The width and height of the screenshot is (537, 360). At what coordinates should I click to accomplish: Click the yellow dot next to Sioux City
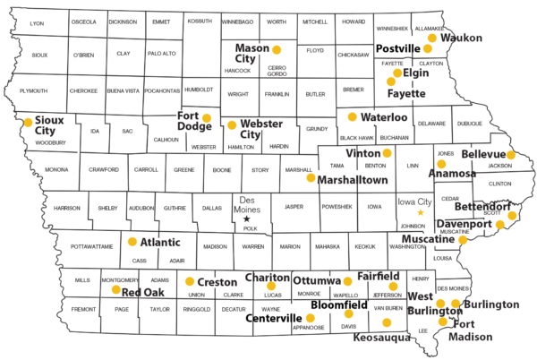[28, 122]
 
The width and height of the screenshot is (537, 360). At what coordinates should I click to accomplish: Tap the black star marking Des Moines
[247, 219]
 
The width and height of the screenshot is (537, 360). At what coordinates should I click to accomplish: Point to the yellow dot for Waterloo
[352, 116]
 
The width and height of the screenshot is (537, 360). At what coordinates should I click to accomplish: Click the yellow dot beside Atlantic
[132, 242]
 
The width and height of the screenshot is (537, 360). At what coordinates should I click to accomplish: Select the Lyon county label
[37, 22]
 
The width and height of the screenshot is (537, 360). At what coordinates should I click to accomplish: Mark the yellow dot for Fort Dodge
[207, 117]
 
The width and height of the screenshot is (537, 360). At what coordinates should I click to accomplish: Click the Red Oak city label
[143, 293]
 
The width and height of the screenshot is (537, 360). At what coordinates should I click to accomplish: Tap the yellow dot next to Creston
[189, 281]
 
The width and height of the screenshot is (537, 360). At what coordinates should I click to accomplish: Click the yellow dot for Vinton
[387, 153]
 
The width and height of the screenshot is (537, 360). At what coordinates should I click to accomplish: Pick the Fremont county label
[83, 309]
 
